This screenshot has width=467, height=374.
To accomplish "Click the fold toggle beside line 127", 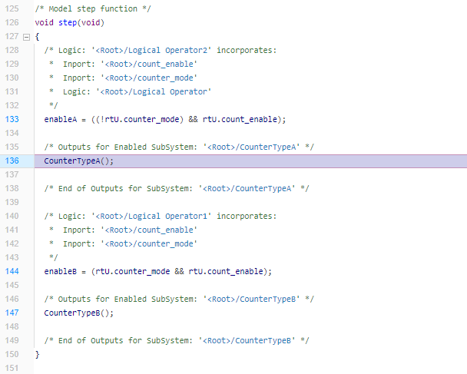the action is [27, 37].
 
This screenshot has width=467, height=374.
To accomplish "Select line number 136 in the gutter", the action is [12, 161].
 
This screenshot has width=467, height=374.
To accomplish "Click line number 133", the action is [12, 119].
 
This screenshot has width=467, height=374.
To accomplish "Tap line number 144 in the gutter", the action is [12, 271].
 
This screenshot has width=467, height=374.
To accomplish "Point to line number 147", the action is [12, 313].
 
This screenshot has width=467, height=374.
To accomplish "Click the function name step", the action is [68, 23].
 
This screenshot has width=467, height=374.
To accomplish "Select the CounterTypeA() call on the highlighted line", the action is [78, 161].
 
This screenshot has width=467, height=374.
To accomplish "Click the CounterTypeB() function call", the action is [78, 313].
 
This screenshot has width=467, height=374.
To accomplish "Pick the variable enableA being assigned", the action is [61, 119].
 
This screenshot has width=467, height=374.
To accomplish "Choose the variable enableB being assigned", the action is [61, 271].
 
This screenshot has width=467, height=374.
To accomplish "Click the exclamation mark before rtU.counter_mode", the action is [102, 119].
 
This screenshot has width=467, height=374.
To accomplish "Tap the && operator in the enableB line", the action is [179, 271].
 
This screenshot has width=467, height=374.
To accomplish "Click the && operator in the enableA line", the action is [193, 119].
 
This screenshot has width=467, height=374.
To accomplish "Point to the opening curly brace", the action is [37, 37].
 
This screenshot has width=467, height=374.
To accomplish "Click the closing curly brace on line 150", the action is [37, 354].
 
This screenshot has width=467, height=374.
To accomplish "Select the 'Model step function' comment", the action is [93, 9].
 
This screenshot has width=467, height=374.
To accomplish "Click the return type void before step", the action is [44, 22].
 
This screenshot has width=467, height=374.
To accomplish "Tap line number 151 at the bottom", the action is [12, 368].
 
